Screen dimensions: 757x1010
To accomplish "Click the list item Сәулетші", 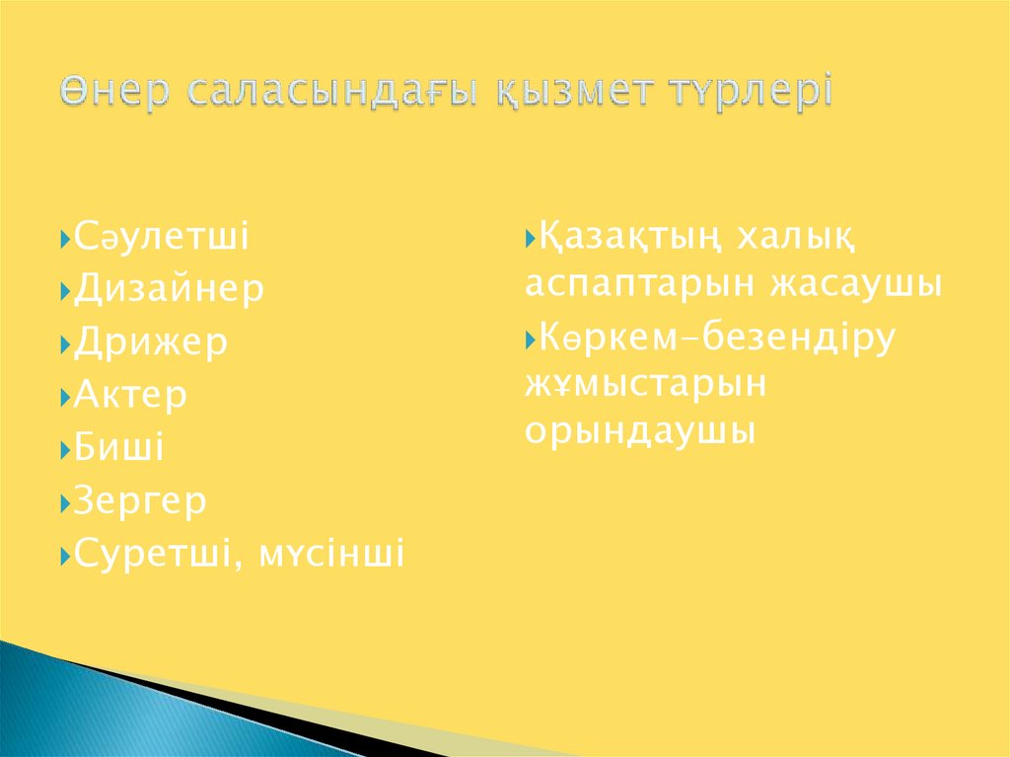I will pos(162,237).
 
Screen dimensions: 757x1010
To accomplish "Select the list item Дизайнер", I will pos(169,290).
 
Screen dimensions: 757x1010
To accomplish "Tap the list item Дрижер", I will pos(151,343).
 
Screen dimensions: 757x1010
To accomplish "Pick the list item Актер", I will pos(130,397).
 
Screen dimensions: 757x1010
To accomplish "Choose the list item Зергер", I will pos(140,502).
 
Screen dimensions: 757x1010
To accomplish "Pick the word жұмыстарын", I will pos(645,385).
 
